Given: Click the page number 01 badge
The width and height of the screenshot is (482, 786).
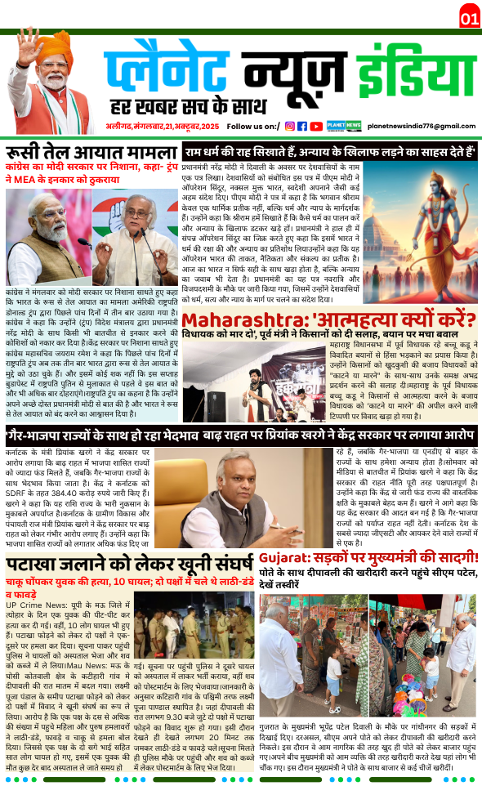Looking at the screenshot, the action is (469, 17).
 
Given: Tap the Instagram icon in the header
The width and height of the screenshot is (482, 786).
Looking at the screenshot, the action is (289, 126).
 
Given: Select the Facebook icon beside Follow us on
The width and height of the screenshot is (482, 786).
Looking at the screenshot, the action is (302, 126).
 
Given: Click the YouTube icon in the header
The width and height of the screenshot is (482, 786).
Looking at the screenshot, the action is (315, 126).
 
